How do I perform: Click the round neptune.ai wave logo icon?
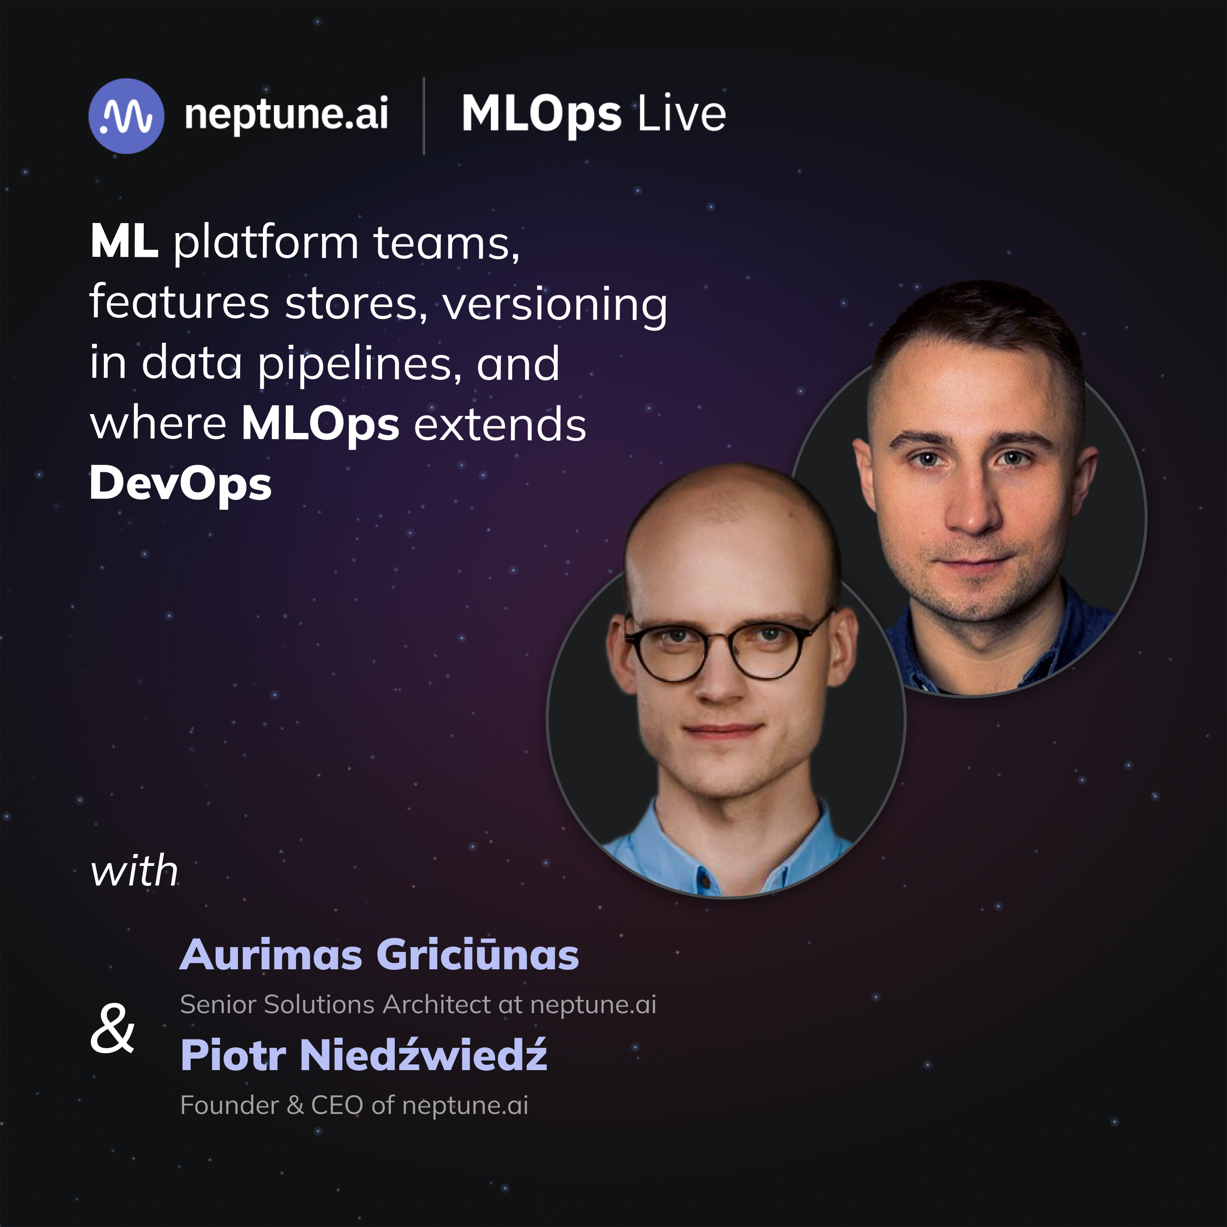(126, 116)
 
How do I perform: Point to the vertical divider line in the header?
(424, 116)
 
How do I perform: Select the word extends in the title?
(500, 424)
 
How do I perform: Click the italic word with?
(134, 871)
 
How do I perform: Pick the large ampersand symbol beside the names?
(113, 1028)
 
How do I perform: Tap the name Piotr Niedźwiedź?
(363, 1055)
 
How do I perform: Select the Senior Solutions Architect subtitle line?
(418, 1005)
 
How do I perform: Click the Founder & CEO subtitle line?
(354, 1105)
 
